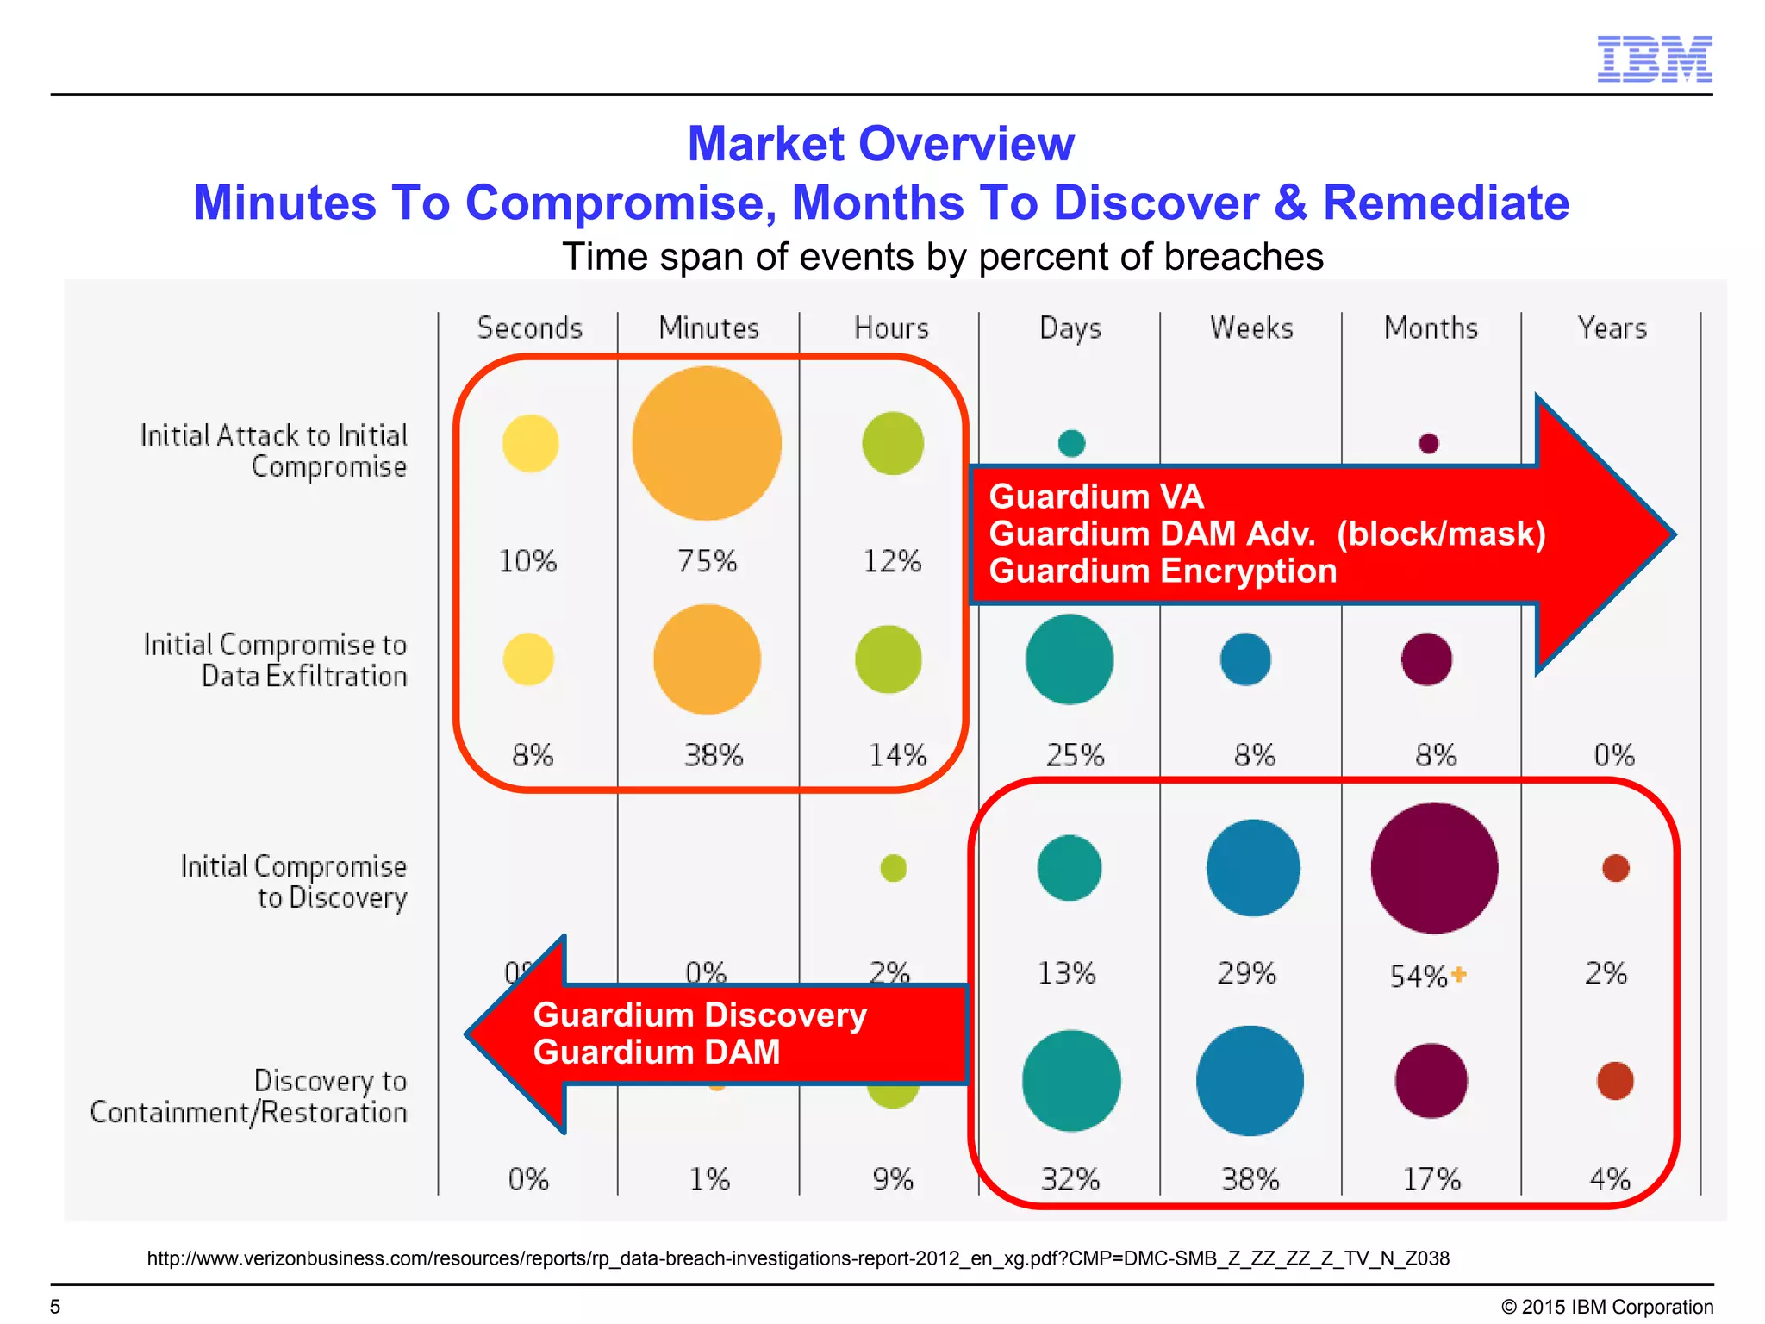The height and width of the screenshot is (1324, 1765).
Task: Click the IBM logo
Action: tap(1654, 59)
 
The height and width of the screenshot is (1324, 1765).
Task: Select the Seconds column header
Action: tap(530, 328)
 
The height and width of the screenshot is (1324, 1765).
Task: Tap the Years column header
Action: tap(1612, 328)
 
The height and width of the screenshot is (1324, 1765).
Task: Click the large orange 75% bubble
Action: tap(707, 443)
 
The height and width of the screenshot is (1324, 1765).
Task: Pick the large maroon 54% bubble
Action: tap(1434, 868)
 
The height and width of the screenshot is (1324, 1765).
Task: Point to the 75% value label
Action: tap(707, 561)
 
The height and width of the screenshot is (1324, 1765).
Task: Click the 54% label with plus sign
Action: tap(1427, 976)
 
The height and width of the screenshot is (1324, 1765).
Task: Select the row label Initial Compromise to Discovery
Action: tap(293, 882)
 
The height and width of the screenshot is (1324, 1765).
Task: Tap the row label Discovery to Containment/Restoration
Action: tap(249, 1096)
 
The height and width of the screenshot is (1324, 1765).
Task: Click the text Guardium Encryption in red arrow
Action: tap(1163, 571)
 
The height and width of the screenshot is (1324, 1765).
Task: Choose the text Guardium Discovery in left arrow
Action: tap(700, 1015)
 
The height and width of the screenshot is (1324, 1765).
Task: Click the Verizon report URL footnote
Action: tap(798, 1258)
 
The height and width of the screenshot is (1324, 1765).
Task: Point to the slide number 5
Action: tap(55, 1307)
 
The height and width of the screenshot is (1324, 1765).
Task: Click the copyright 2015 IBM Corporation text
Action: tap(1606, 1307)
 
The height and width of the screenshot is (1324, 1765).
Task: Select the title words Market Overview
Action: tap(881, 144)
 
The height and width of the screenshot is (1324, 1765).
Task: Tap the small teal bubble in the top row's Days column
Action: tap(1071, 443)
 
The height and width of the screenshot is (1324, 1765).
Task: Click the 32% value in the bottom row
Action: tap(1070, 1178)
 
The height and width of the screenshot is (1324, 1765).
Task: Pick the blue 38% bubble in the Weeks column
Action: tap(1250, 1081)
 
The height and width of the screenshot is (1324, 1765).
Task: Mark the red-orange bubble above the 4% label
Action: tap(1615, 1081)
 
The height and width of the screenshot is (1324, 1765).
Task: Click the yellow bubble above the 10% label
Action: tap(530, 443)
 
